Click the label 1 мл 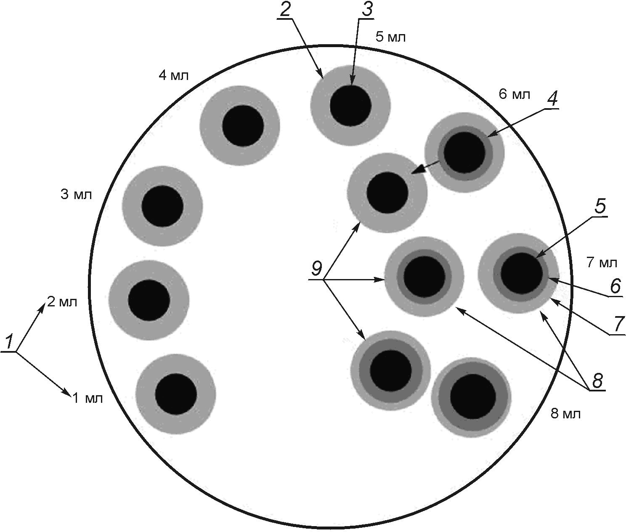coord(88,398)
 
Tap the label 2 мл coord(62,301)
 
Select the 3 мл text coord(76,195)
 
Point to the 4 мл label coord(174,76)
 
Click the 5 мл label coord(390,37)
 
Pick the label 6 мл coord(514,94)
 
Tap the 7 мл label coord(602,263)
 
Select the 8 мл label coord(565,414)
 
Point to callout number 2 coord(285,10)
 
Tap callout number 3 coord(367,10)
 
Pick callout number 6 coord(615,287)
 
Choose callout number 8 coord(597,381)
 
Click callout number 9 coord(316,269)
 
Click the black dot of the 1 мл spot coord(176,394)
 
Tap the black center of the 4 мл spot coord(243,125)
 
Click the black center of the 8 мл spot coord(473,396)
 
